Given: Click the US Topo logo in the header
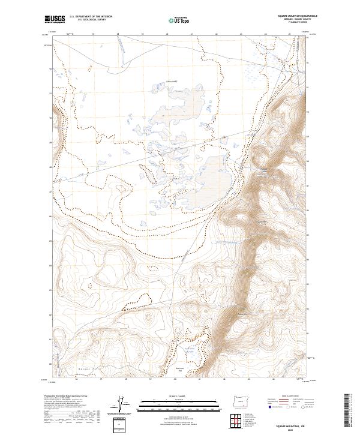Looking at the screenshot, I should pyautogui.click(x=175, y=20).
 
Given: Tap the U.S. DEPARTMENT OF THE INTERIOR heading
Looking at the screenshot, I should pyautogui.click(x=91, y=16).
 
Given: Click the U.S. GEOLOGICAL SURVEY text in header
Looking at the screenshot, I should pyautogui.click(x=89, y=20).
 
